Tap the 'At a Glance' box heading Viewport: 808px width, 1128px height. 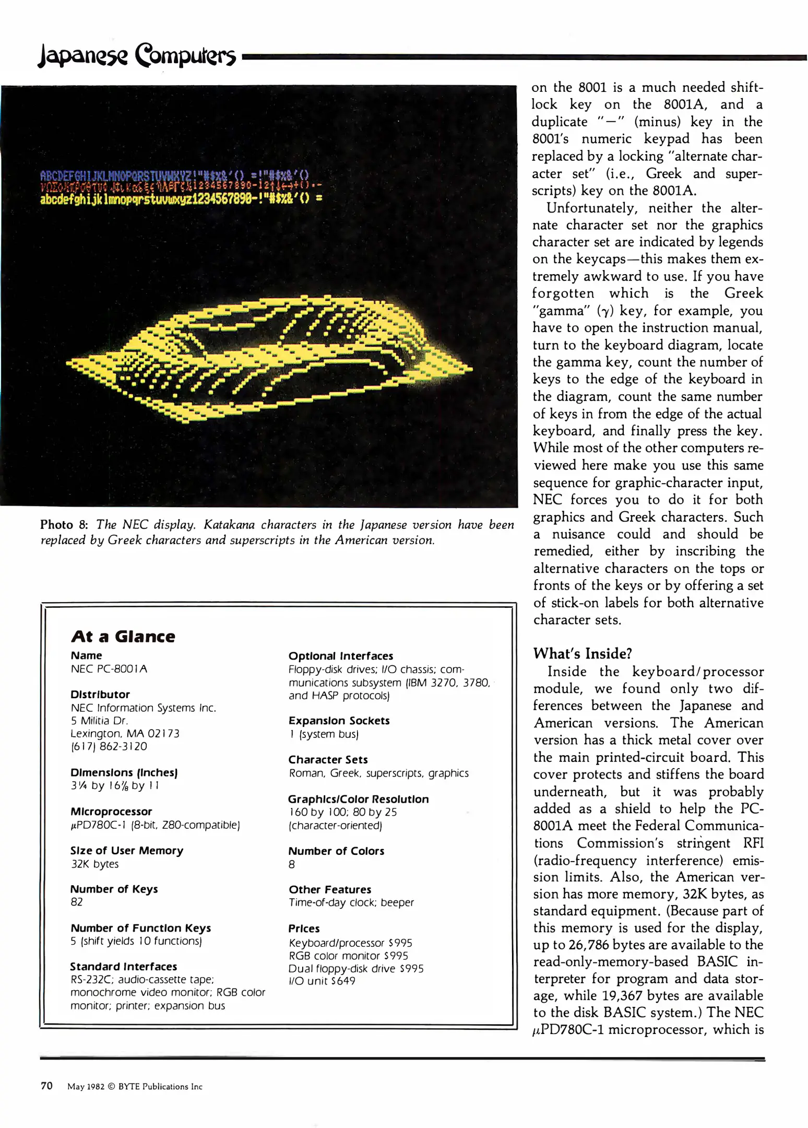123,637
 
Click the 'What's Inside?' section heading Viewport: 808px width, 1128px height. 582,653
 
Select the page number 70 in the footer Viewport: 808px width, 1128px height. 46,1086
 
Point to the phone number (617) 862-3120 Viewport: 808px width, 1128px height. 109,746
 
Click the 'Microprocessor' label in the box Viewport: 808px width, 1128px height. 111,812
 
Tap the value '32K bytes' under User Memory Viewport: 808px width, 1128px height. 94,864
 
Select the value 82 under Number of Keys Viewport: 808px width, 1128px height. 77,902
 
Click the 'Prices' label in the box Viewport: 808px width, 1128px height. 304,929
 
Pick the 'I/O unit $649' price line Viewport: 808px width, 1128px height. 322,981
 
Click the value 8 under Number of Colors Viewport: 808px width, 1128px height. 292,864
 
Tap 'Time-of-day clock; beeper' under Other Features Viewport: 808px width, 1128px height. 351,902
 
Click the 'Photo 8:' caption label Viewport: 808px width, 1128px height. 64,524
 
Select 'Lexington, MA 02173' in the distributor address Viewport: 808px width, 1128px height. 125,733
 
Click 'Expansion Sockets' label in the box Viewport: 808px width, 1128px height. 339,721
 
